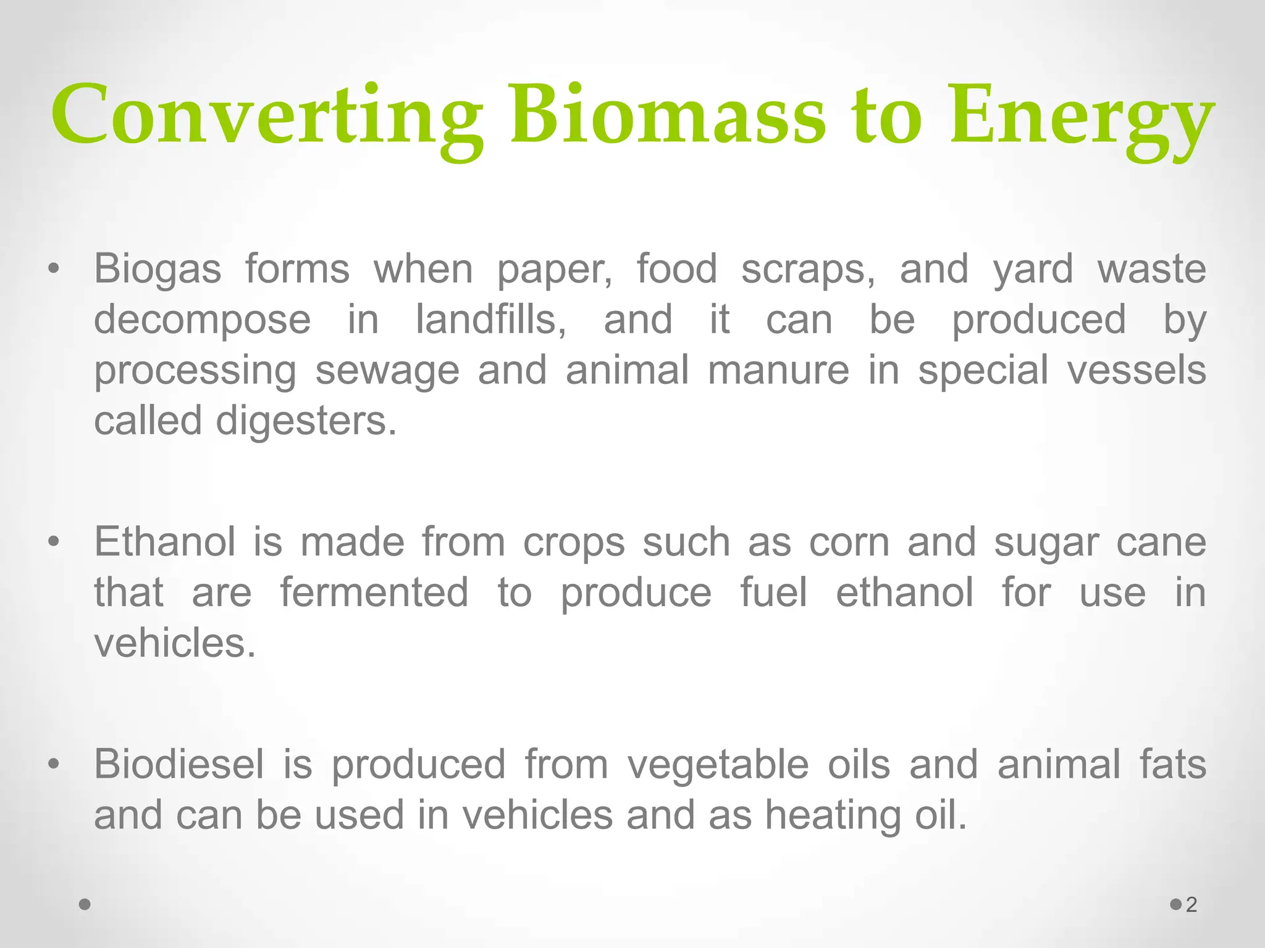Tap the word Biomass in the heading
tap(667, 116)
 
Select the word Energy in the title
tap(1081, 120)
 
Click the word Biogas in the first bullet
tap(157, 270)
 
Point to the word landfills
tap(491, 320)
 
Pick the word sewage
tap(387, 370)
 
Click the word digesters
tap(306, 422)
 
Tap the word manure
tap(778, 370)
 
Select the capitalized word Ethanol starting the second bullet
tap(164, 542)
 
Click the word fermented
tap(374, 592)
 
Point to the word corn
tap(849, 542)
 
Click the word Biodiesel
tap(179, 764)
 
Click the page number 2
tap(1191, 905)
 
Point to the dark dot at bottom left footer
tap(85, 905)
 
